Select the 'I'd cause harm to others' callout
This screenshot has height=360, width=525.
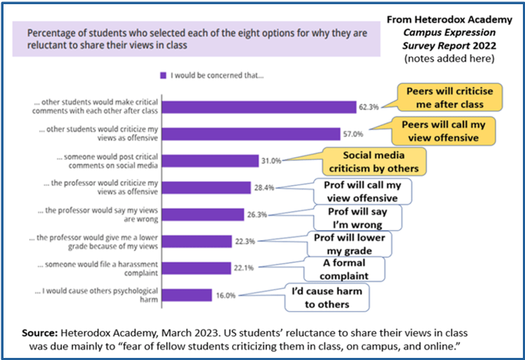click(328, 298)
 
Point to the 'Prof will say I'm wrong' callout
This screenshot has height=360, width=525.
click(357, 217)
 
